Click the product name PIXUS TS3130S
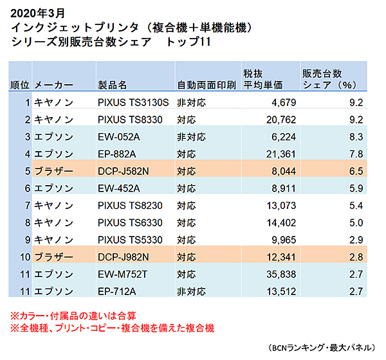(133, 102)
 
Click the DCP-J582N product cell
(124, 171)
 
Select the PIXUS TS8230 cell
(131, 206)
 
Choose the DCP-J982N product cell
(124, 258)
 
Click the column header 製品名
(112, 85)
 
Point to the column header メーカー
(54, 85)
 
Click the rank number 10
(24, 258)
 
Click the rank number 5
(28, 171)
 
